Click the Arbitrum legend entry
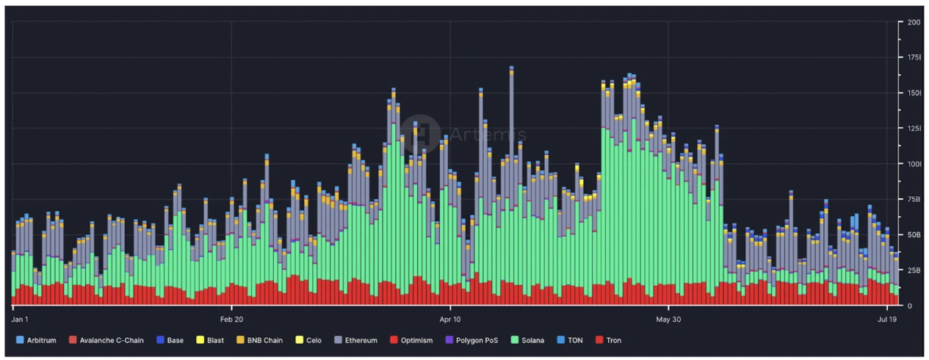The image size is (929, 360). [37, 340]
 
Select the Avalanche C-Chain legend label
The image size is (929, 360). [110, 340]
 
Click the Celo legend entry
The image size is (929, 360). [308, 340]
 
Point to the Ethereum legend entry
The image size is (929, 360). [355, 340]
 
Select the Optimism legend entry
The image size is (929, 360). [411, 340]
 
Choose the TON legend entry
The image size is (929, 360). [571, 340]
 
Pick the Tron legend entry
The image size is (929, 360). [607, 340]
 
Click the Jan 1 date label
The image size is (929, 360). [20, 320]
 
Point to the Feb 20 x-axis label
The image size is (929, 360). [231, 320]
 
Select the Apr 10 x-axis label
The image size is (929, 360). [449, 320]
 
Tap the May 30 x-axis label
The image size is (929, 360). [668, 320]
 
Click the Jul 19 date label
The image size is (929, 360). [887, 320]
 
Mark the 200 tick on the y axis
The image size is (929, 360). [914, 22]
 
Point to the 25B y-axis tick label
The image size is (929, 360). [914, 270]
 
